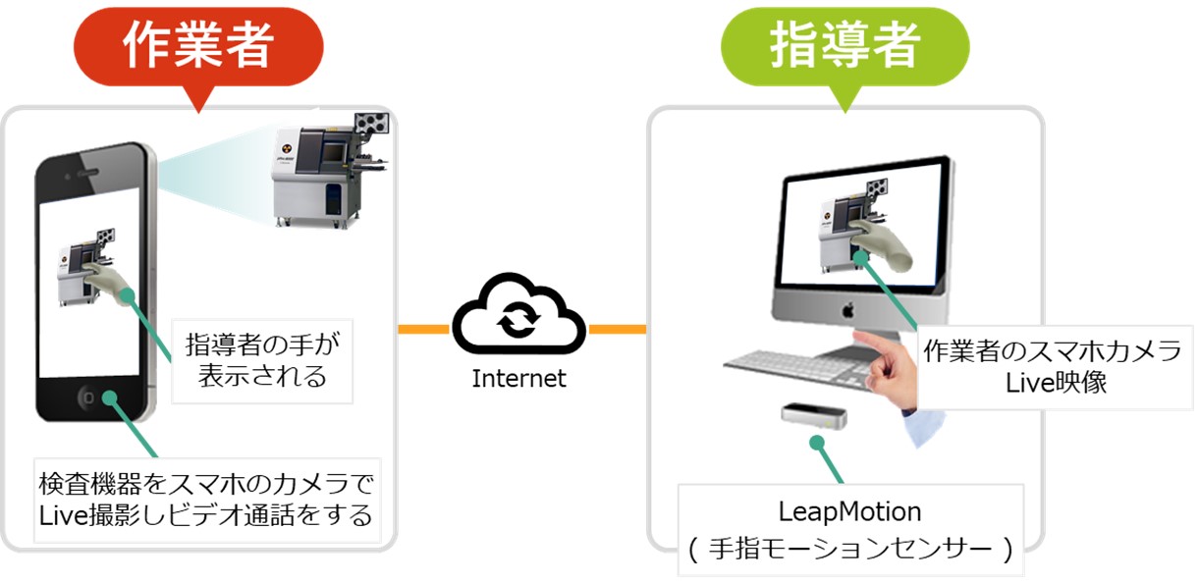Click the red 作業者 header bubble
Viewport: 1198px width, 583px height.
tap(197, 45)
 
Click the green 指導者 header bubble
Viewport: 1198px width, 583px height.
tap(844, 45)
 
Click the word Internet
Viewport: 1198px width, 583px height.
tap(518, 378)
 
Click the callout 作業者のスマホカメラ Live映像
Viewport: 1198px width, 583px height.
tap(1055, 367)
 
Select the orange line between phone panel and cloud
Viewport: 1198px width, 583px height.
tap(423, 329)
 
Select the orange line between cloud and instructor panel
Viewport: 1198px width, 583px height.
tap(616, 329)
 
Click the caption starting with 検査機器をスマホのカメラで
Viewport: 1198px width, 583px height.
tap(206, 499)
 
